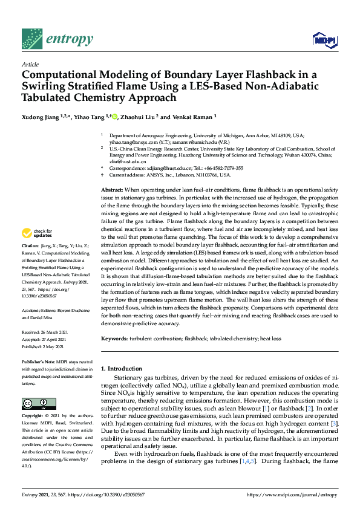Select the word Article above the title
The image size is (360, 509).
30,64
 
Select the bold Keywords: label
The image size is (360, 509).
117,340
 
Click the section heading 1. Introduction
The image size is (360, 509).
122,368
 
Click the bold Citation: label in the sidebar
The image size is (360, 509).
30,264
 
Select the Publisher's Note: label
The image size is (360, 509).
38,361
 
